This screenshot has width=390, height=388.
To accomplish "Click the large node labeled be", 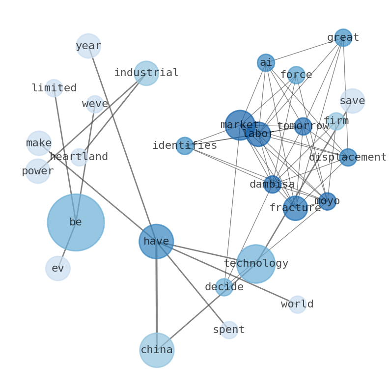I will (76, 222).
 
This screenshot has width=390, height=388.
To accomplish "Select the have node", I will (156, 241).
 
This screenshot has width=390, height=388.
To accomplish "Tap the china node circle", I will (157, 350).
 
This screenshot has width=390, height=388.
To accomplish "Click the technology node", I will (255, 264).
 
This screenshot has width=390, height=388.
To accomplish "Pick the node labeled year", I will (88, 46).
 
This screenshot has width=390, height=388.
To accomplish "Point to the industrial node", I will (146, 73).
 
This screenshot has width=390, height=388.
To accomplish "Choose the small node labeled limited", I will (54, 88).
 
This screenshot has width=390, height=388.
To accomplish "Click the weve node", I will (95, 104).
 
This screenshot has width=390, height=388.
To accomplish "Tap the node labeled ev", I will (58, 268).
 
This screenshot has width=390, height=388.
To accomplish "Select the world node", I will (297, 305).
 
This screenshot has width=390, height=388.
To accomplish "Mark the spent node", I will (229, 330).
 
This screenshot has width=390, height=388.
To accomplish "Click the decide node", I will (224, 287).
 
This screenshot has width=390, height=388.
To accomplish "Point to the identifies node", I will (185, 146).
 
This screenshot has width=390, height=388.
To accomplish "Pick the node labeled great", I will (343, 38).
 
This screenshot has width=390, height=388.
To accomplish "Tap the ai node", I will (266, 63).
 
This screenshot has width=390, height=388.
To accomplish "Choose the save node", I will (352, 101).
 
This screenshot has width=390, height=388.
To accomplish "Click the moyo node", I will (327, 201).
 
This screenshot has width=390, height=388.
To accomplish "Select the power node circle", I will (38, 171).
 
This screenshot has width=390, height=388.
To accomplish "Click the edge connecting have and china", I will (157, 295).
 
